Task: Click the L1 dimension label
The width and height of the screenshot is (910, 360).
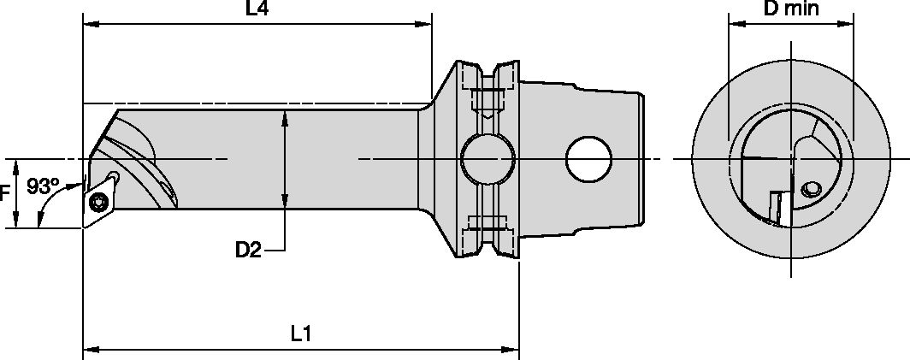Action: [x=300, y=334]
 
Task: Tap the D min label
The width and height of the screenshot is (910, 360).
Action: [x=791, y=10]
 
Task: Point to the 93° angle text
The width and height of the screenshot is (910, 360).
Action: [x=43, y=185]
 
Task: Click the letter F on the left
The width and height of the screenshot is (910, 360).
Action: [x=4, y=194]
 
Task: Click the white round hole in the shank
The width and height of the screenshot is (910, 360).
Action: [x=589, y=159]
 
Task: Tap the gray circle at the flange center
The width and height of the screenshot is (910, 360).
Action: [x=487, y=159]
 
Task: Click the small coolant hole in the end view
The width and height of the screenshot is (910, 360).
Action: [x=809, y=188]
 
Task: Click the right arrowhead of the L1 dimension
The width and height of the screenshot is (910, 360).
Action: [x=513, y=350]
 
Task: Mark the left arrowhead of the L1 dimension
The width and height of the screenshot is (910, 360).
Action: [x=89, y=350]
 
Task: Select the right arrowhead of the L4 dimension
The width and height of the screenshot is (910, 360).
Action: [x=425, y=25]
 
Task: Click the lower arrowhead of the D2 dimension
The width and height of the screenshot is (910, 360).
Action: [x=284, y=204]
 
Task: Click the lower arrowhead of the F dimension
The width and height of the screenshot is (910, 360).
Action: [x=15, y=223]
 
